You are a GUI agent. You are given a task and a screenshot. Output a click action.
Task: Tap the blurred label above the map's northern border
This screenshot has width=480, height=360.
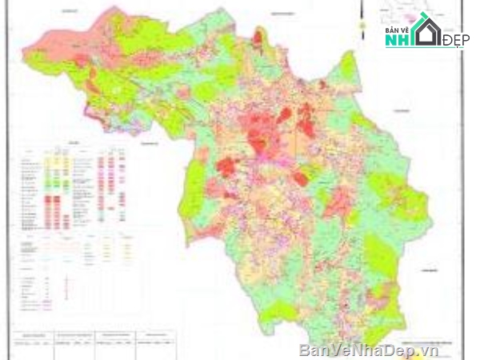(282, 14)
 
